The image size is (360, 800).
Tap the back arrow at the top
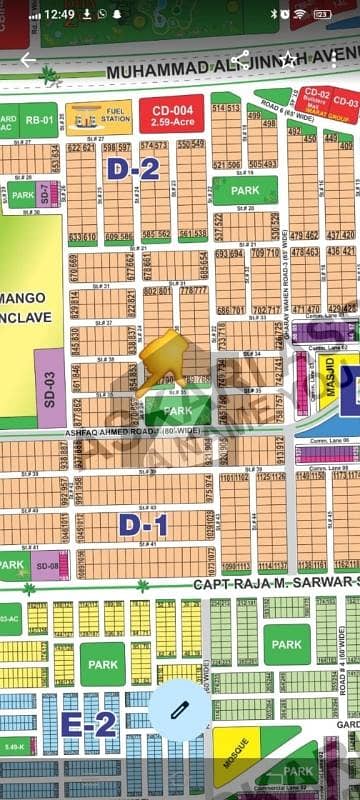tap(28, 60)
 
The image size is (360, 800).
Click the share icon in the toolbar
tap(240, 60)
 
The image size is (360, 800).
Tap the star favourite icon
tap(287, 60)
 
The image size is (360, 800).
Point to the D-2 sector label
tap(133, 169)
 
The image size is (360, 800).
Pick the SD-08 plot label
tap(48, 566)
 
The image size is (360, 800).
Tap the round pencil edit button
tap(180, 709)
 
